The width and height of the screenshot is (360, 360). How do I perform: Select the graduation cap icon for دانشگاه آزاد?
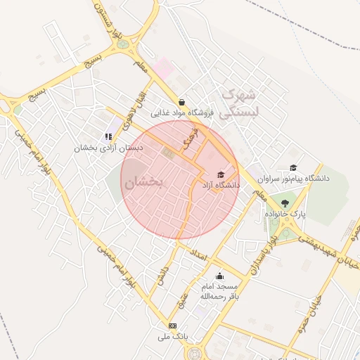pos(220,174)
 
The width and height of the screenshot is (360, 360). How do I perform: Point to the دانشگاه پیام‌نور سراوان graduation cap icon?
pos(293,167)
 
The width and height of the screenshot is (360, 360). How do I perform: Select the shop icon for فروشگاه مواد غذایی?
pos(182,102)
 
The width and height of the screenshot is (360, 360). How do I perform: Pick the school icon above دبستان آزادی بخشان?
pos(108,136)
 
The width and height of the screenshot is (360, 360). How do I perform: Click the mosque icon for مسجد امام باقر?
pos(219,276)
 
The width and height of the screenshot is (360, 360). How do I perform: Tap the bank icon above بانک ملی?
pos(173,326)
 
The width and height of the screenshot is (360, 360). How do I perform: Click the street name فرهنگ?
pos(189,137)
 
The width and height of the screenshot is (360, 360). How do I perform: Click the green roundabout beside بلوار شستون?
pos(124,44)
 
